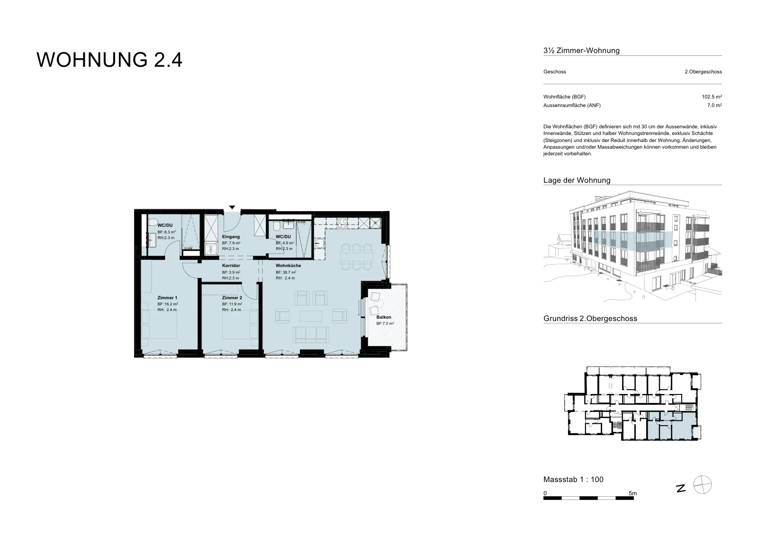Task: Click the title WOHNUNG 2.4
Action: [x=109, y=60]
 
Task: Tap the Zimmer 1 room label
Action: [x=167, y=298]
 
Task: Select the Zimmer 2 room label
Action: [x=232, y=298]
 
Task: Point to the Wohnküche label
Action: [x=288, y=266]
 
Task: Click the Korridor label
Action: [x=231, y=266]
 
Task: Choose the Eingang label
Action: [x=231, y=237]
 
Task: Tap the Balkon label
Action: [x=384, y=317]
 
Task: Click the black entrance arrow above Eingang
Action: [x=232, y=207]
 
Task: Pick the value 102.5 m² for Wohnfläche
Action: [x=712, y=97]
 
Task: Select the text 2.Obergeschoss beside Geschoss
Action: [x=703, y=71]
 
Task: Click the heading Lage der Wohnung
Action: [x=577, y=180]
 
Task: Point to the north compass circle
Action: [x=703, y=485]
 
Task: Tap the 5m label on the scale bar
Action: [x=633, y=493]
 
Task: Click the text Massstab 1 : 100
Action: [x=573, y=479]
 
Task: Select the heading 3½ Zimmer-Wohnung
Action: [x=581, y=51]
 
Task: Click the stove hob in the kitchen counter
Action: [x=342, y=223]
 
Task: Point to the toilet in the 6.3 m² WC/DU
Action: [x=153, y=222]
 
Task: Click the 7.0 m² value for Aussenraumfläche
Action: [x=714, y=105]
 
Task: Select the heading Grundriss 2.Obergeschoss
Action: [x=590, y=319]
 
